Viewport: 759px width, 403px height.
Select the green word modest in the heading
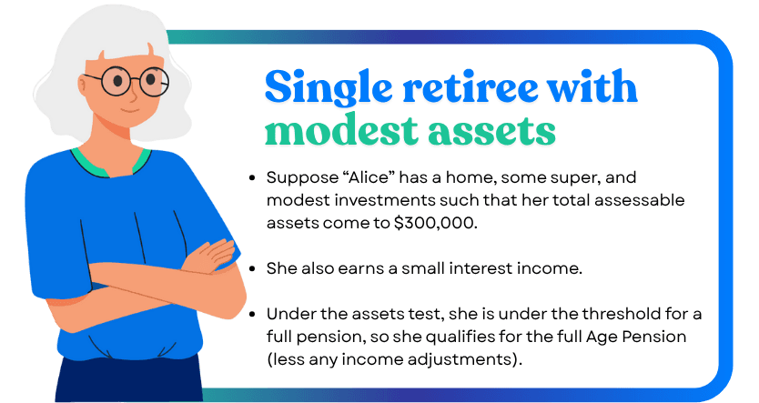341,130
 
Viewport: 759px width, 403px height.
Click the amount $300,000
435,223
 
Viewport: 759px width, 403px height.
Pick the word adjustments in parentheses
466,360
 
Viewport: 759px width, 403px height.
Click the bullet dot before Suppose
252,178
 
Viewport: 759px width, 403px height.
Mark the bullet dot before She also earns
252,269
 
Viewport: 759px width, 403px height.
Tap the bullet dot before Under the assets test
252,315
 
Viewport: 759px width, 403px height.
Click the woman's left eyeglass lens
116,81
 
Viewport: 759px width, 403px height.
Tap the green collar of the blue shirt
110,165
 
